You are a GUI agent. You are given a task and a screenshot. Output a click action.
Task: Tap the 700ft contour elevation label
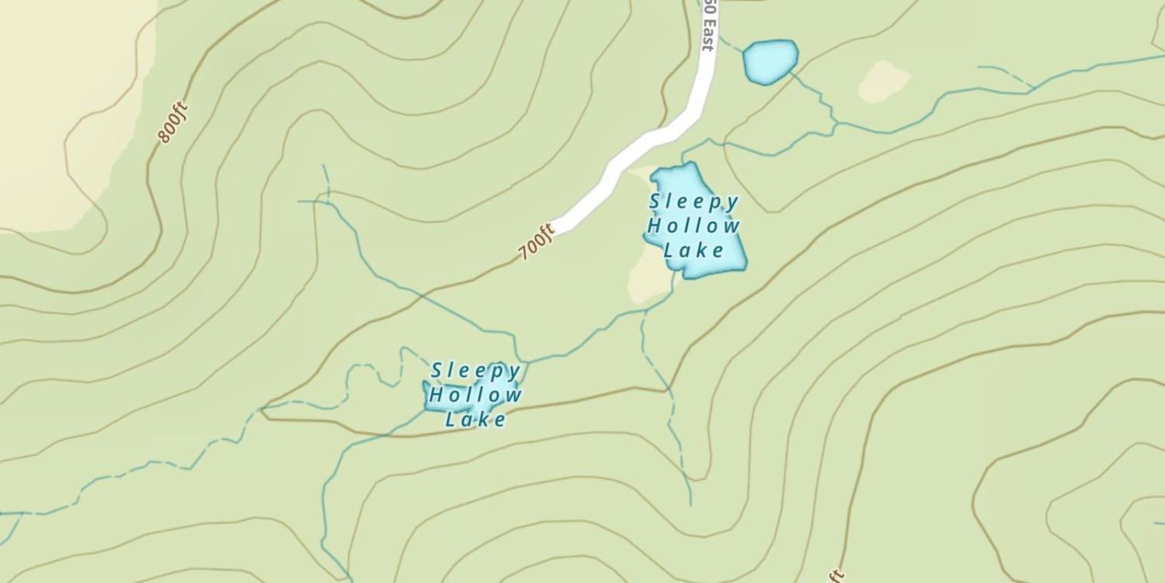coord(537,242)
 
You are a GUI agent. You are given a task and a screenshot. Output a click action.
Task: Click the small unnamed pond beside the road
coord(770,61)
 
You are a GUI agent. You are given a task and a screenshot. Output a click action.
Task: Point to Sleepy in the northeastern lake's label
coord(694,202)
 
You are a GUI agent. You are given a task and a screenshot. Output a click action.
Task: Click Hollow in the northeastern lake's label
coord(694,226)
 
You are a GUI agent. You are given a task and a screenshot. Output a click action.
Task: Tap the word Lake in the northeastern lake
coord(694,250)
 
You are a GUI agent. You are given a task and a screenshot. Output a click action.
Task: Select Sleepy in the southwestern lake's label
coord(476,371)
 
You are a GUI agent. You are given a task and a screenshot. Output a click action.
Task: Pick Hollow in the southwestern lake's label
coord(475,395)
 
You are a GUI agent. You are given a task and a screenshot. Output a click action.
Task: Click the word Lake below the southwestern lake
coord(475,420)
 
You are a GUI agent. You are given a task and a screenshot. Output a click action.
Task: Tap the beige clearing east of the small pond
coord(884,81)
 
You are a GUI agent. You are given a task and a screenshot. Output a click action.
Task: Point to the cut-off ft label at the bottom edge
coord(836,575)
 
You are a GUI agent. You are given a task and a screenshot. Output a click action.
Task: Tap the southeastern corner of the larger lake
coord(745,267)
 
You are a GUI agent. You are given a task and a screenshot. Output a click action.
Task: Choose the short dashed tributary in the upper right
coord(1006,76)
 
